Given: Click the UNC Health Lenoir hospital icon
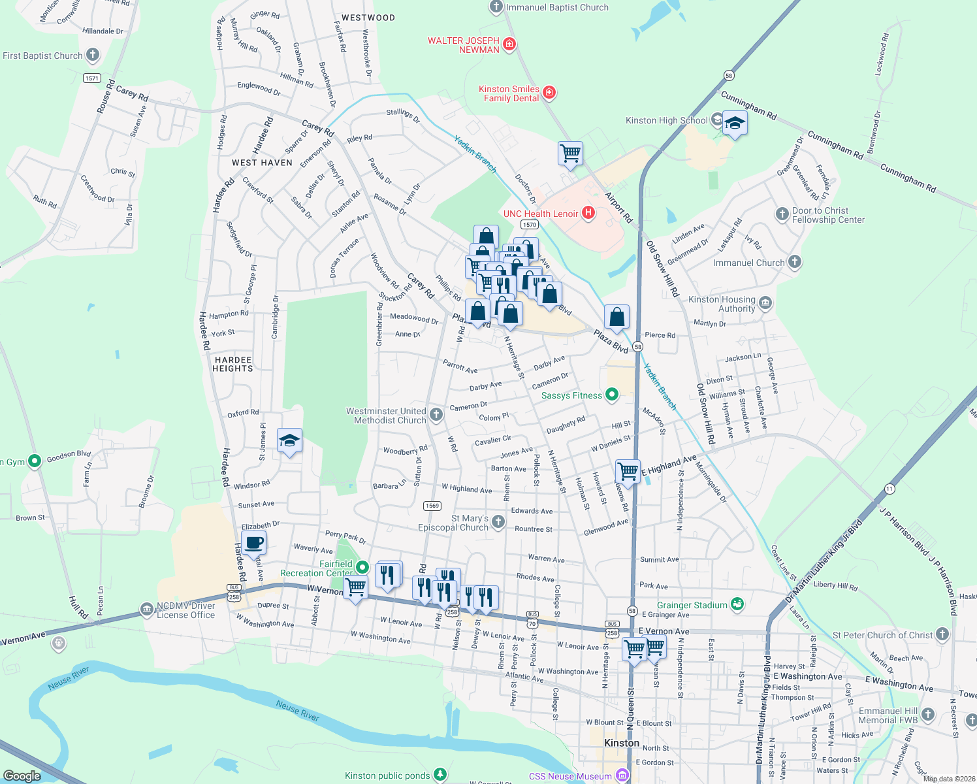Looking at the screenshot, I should tap(588, 213).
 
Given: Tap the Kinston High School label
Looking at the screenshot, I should tap(666, 120).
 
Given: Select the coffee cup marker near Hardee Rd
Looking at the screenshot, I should tap(253, 542).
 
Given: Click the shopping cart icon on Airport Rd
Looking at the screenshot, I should tap(570, 154).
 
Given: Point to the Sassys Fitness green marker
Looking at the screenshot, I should tap(612, 395).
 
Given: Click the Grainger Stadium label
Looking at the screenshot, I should tap(692, 605).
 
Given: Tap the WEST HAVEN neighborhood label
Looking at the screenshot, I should tap(262, 163).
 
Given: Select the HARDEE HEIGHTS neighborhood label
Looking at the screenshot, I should tap(232, 364).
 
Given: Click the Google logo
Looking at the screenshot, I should tap(22, 776).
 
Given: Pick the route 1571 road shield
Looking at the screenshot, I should tap(92, 78).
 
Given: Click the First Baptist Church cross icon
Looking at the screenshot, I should tap(93, 55).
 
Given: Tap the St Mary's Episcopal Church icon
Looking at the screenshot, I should tap(498, 521).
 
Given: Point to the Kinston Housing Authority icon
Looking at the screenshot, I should tap(765, 303).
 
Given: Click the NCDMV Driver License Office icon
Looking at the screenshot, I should tap(146, 610).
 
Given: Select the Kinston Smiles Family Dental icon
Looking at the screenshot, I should tap(549, 93).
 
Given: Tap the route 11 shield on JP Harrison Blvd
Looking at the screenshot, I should tap(889, 489).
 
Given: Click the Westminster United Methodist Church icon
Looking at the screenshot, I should tap(436, 414).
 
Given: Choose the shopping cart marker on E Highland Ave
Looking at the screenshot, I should tap(628, 470).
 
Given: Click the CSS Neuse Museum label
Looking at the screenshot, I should tap(569, 776).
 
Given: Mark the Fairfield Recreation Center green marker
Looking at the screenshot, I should tap(363, 568).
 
